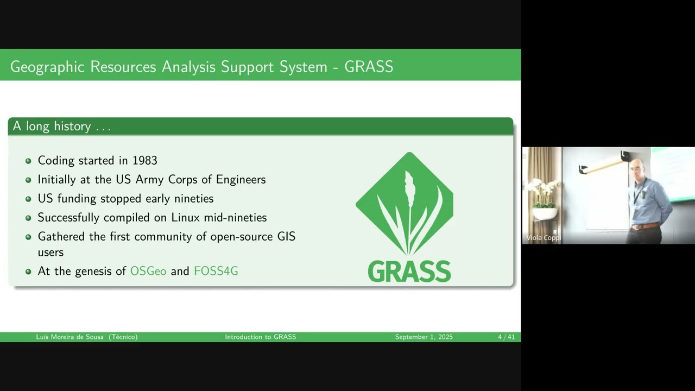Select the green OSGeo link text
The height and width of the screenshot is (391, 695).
(148, 271)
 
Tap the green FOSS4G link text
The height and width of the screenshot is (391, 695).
(216, 271)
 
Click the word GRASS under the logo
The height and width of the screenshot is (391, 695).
(409, 272)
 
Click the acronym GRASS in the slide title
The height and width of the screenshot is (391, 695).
(369, 67)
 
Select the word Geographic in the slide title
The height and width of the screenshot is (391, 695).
(47, 67)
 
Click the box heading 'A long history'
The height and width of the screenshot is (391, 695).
(61, 127)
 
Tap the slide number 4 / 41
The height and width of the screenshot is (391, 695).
(506, 337)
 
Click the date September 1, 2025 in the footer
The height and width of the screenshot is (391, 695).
(424, 337)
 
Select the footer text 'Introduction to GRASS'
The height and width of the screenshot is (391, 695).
(261, 337)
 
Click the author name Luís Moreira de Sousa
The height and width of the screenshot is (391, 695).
(71, 337)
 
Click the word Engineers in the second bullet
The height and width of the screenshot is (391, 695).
(241, 180)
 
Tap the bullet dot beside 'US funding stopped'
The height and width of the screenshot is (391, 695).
(28, 199)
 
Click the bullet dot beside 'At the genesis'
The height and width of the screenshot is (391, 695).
(28, 272)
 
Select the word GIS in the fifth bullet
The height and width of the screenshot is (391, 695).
(286, 237)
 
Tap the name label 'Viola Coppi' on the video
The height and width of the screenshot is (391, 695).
(543, 238)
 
